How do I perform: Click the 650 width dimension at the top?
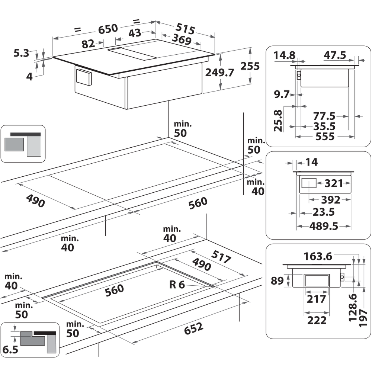pyautogui.click(x=108, y=28)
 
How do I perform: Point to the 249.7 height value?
pyautogui.click(x=219, y=73)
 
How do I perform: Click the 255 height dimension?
pyautogui.click(x=250, y=66)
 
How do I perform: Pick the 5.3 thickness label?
pyautogui.click(x=21, y=53)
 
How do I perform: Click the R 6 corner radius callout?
pyautogui.click(x=177, y=285)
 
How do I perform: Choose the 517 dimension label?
pyautogui.click(x=221, y=257)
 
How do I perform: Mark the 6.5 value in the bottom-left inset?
pyautogui.click(x=10, y=350)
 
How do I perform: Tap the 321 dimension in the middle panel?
pyautogui.click(x=333, y=183)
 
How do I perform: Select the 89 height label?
pyautogui.click(x=278, y=280)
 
